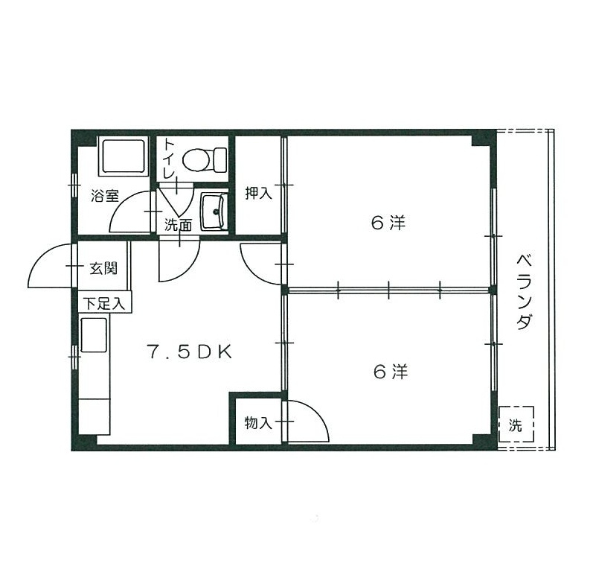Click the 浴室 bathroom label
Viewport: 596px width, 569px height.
(105, 197)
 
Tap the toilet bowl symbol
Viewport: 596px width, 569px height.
(200, 159)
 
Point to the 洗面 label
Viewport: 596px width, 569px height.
(179, 223)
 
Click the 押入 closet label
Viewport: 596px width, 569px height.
(259, 194)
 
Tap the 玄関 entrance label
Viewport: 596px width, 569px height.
(103, 268)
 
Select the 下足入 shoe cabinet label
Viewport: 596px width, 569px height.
(105, 303)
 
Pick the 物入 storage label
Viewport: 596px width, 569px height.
(258, 423)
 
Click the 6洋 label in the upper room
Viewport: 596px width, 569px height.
(388, 222)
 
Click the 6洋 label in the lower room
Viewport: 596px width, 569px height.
(390, 370)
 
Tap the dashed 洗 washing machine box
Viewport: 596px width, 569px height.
(516, 425)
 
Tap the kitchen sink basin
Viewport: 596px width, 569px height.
(94, 334)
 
